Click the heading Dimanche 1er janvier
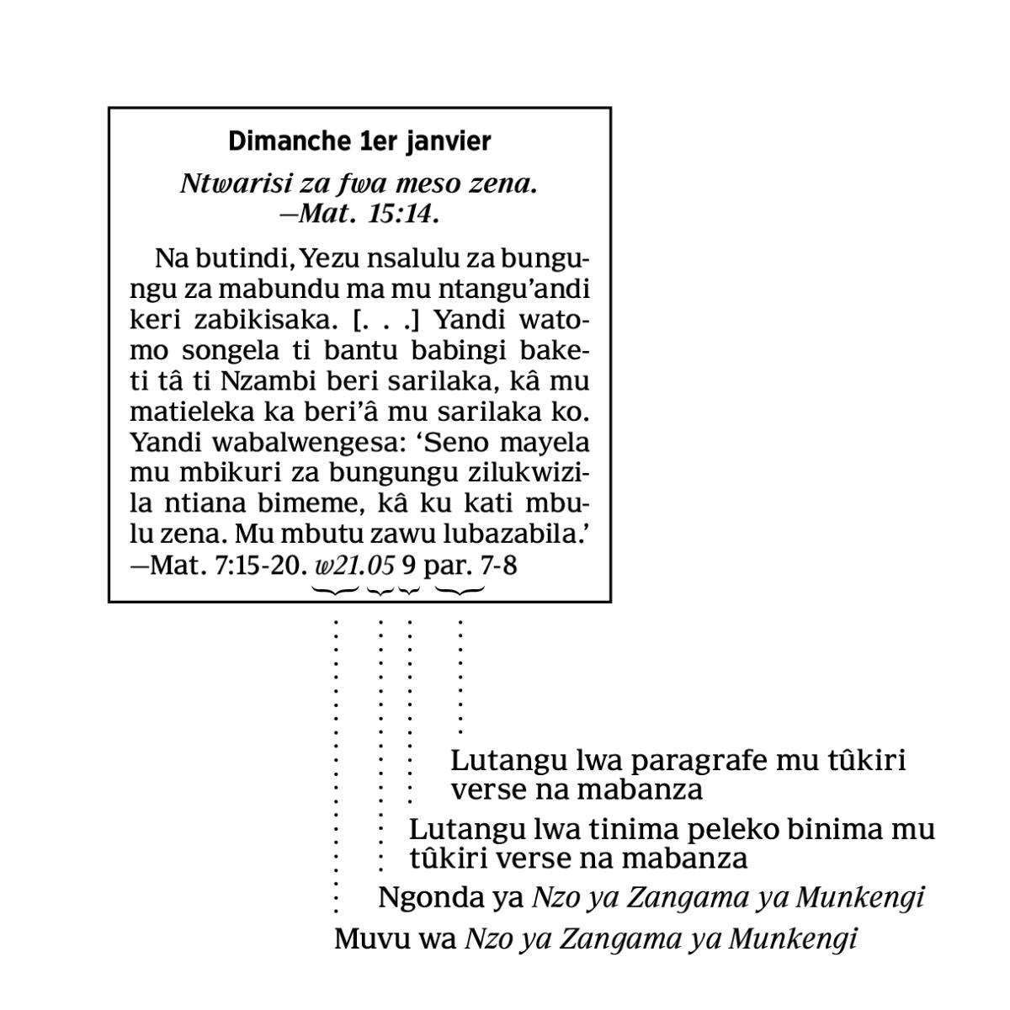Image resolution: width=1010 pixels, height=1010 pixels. (359, 141)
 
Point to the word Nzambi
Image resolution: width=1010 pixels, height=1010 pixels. (258, 381)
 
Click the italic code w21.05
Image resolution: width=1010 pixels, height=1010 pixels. (353, 565)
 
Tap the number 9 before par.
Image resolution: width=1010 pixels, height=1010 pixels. (409, 565)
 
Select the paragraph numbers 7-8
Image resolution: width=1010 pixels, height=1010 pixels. (498, 565)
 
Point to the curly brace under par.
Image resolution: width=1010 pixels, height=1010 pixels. (460, 591)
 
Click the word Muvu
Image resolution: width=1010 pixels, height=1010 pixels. (367, 938)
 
